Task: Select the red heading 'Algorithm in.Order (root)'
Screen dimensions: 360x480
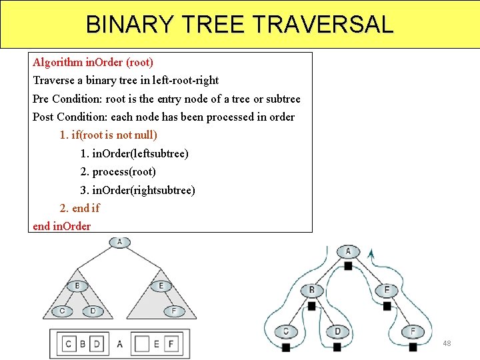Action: click(x=93, y=62)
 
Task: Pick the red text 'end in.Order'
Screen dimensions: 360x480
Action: click(x=62, y=226)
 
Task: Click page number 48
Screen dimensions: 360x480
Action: click(x=447, y=343)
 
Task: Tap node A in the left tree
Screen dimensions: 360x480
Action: click(x=119, y=242)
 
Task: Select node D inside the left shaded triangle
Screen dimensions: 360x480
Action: click(x=93, y=311)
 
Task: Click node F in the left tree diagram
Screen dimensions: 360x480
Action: click(x=173, y=311)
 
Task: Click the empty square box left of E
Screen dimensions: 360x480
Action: click(x=141, y=344)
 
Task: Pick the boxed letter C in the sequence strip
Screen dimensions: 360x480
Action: click(x=69, y=344)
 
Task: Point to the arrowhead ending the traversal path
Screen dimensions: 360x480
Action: click(x=371, y=254)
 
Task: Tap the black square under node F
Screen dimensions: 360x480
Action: click(x=413, y=347)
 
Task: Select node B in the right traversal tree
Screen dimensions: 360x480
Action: click(x=311, y=290)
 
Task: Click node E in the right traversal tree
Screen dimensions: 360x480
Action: click(x=387, y=290)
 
